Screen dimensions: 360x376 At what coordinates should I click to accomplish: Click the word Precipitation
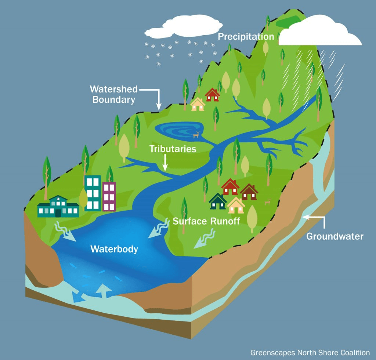246,37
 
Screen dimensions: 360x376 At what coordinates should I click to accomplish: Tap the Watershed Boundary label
114,94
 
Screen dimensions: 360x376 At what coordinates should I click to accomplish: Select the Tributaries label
172,149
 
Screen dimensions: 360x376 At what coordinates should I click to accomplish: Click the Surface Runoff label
206,221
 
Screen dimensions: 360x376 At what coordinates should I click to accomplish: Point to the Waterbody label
114,250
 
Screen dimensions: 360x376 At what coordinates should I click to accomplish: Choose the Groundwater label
335,236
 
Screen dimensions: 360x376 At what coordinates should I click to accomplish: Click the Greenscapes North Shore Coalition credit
310,353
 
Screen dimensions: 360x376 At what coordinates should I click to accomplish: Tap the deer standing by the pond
196,134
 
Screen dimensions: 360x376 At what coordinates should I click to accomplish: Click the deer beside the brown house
268,202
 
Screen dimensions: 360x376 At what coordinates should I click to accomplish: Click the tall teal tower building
93,193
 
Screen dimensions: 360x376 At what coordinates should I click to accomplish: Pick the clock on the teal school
58,199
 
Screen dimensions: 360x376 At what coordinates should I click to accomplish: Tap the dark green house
218,201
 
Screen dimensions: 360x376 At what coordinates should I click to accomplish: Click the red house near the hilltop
212,95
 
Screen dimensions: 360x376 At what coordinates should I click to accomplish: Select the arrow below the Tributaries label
165,162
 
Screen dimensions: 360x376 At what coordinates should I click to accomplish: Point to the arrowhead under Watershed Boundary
159,106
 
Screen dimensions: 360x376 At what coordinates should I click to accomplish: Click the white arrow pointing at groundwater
314,218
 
